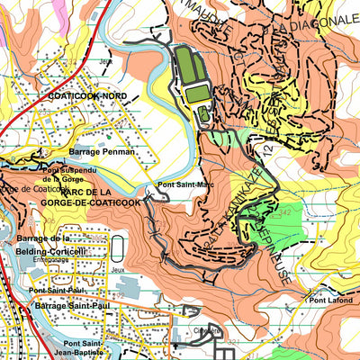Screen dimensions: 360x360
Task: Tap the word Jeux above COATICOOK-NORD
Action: (x=106, y=61)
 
